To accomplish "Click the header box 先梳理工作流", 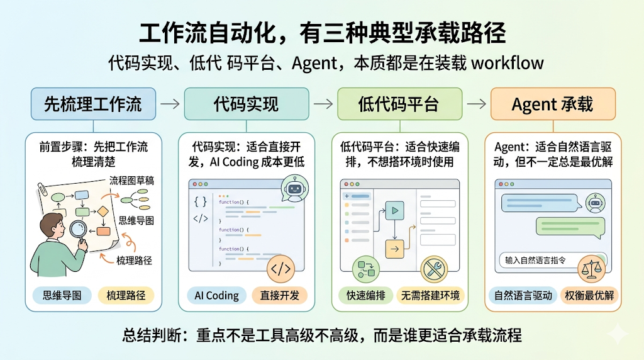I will coord(93,104).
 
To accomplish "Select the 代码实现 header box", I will coord(246,104).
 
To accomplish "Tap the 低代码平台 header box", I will coord(399,104).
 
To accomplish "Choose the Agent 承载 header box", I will coord(552,104).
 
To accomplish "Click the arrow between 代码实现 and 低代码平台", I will coord(323,104).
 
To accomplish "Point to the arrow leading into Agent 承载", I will coord(476,104).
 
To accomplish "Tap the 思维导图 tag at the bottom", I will coord(62,295).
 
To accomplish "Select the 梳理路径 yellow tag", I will coord(125,295).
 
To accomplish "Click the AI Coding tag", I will coord(216,295).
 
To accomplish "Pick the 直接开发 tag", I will coord(277,295).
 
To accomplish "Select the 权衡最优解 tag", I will coord(589,295).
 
